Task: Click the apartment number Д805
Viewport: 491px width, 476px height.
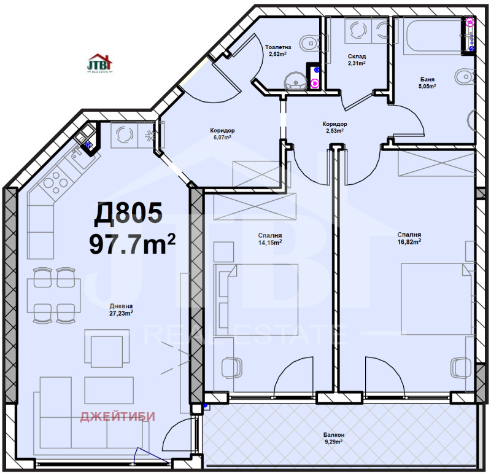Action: [128, 214]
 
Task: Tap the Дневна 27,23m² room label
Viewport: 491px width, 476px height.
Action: [121, 309]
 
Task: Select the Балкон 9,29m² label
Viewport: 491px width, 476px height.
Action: [334, 438]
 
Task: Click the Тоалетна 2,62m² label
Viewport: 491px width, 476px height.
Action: [278, 50]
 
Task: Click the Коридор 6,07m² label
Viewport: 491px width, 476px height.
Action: [222, 134]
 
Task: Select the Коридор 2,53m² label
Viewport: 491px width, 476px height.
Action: [334, 127]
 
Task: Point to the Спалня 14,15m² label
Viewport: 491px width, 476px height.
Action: [271, 238]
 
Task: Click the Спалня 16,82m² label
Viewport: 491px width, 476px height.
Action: [409, 238]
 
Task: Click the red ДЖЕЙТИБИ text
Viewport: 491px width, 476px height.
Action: [118, 417]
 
